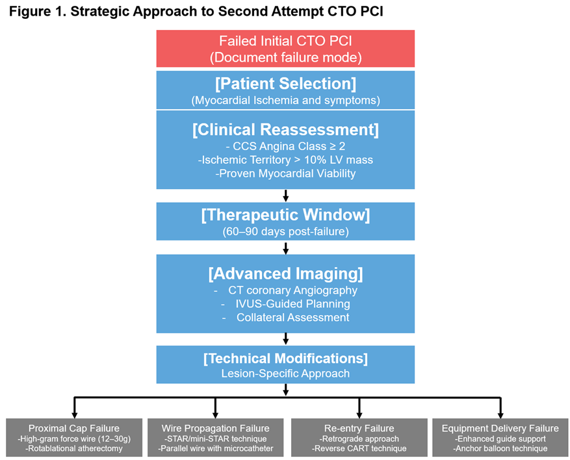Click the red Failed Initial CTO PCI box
click(285, 49)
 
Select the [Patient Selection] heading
click(285, 84)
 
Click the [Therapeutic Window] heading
click(285, 215)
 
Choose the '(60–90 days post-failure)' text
click(285, 231)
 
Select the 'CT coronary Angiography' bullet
click(292, 290)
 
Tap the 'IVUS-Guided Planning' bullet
click(292, 304)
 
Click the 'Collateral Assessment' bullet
click(292, 317)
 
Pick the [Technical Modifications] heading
click(285, 358)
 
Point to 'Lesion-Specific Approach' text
click(285, 374)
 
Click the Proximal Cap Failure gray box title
click(74, 428)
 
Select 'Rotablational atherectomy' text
click(74, 448)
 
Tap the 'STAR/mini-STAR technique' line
click(215, 439)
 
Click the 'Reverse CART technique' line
click(359, 448)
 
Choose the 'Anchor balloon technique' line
click(500, 448)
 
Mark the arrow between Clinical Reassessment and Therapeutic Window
click(286, 196)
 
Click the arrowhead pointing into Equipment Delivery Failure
click(500, 415)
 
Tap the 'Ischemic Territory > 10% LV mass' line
click(285, 160)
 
